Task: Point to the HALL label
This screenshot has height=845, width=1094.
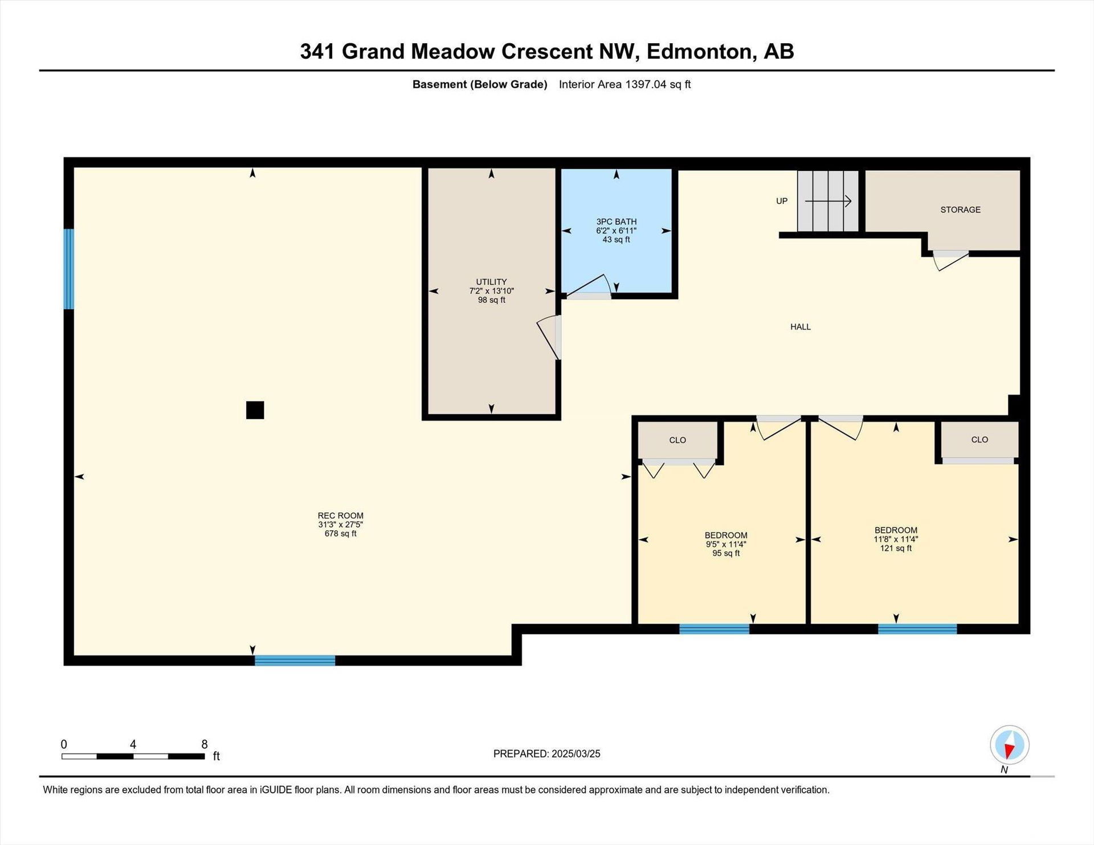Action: coord(800,327)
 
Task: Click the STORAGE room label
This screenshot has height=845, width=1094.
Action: coord(960,210)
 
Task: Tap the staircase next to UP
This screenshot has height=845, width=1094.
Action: coord(827,201)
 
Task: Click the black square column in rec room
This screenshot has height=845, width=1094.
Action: coord(255,410)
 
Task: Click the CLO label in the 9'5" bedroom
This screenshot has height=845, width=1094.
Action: coord(677,440)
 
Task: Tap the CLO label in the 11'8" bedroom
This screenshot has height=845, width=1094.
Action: coord(979,440)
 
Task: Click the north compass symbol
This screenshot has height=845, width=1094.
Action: coord(1010,745)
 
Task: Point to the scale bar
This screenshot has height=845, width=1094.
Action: coord(133,756)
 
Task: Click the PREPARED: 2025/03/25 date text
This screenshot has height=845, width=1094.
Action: coord(546,754)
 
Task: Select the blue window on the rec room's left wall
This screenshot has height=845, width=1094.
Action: coord(68,269)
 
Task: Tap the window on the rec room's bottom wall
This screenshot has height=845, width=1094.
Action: coord(295,661)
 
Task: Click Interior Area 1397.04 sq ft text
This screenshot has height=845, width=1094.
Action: coord(624,84)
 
